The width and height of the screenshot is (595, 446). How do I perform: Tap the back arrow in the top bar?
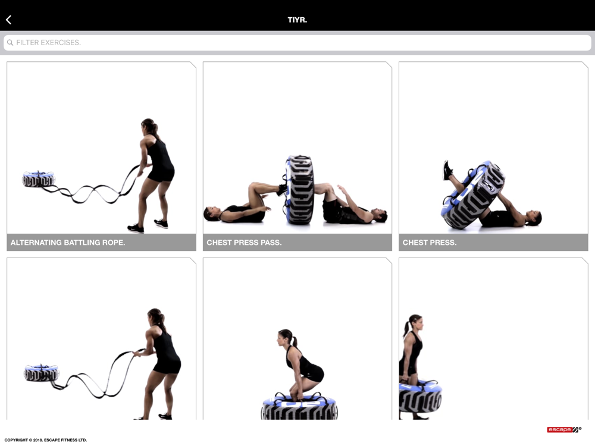point(9,20)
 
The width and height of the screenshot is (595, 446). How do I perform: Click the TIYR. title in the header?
point(297,20)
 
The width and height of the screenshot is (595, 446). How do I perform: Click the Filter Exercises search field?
point(297,42)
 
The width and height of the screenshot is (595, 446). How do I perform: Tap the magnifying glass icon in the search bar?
point(10,42)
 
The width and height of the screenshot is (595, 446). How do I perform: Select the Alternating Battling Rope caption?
point(68,243)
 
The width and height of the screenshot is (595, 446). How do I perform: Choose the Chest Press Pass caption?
point(244,243)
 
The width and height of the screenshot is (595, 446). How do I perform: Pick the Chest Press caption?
point(429,243)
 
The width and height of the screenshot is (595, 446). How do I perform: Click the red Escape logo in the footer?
point(564,429)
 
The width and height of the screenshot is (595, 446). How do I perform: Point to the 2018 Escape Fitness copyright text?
point(46,440)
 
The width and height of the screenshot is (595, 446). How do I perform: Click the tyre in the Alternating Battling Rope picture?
point(38,179)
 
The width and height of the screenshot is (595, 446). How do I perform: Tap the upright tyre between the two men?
point(299,190)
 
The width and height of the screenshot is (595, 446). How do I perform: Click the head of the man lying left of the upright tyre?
point(211,213)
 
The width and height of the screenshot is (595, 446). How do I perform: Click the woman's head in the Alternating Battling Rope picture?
point(149,126)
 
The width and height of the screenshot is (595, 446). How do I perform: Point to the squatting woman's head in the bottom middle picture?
point(286,337)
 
